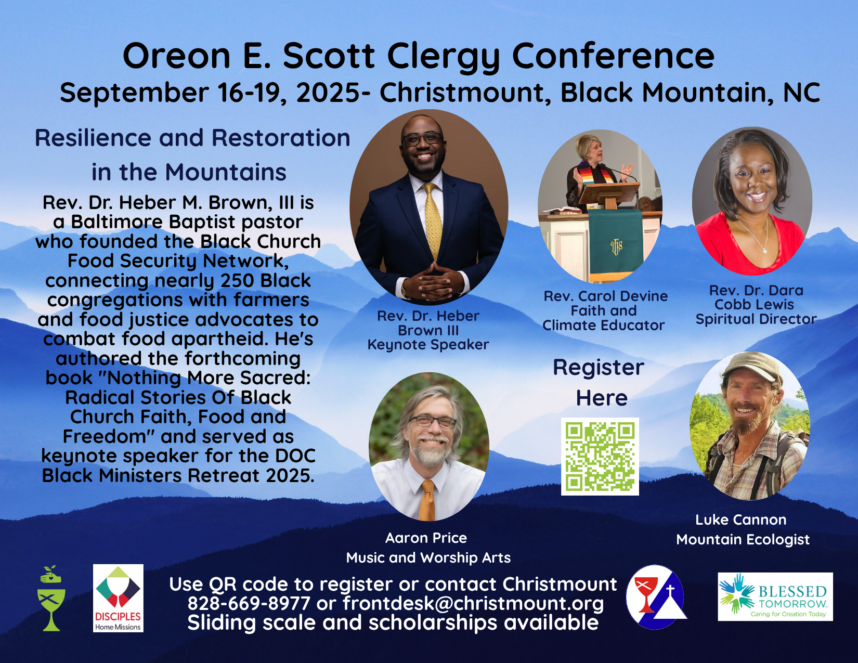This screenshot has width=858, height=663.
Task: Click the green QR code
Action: click(600, 457)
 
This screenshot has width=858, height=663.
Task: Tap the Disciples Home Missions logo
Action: click(118, 598)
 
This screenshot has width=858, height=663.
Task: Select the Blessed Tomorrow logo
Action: click(775, 596)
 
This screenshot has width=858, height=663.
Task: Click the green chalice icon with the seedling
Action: click(51, 598)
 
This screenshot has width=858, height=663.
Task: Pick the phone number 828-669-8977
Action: click(249, 603)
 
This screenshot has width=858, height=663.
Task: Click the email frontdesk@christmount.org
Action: click(473, 603)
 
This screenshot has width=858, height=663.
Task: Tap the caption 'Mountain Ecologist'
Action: click(743, 539)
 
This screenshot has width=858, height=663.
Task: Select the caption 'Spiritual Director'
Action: click(756, 319)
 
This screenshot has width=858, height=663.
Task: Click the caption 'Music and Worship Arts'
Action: click(428, 557)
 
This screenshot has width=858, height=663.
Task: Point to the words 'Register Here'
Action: click(600, 382)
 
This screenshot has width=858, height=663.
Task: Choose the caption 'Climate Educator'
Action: click(603, 326)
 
